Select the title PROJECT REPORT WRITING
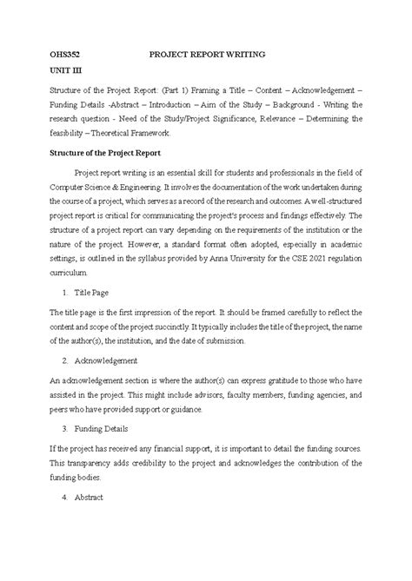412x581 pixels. point(206,55)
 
